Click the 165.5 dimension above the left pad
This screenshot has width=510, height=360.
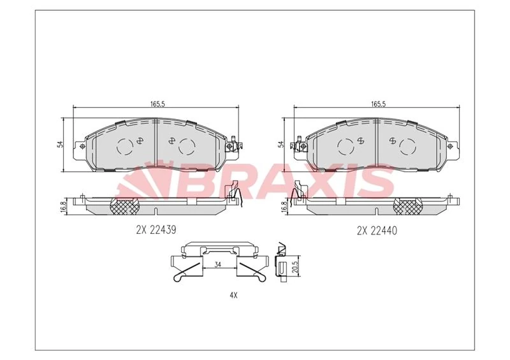156,104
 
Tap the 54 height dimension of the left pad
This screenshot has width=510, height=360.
60,144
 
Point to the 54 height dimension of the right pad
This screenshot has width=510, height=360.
281,144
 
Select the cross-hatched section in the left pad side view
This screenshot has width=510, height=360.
125,205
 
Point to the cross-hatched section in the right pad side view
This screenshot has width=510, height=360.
409,205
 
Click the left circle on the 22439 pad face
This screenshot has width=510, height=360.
126,147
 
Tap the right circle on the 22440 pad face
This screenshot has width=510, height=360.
408,147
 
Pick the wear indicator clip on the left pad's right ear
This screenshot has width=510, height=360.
236,145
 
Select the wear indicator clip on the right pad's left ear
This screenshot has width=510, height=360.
298,145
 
